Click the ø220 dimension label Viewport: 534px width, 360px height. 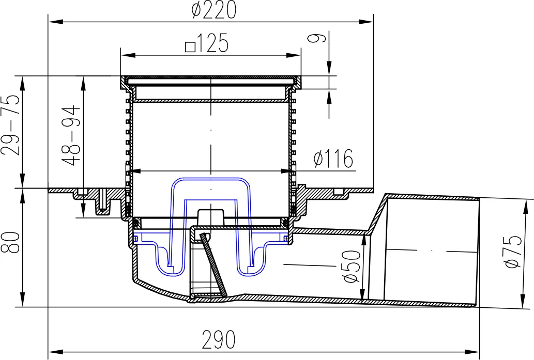point(214,9)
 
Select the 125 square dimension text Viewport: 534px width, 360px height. point(207,43)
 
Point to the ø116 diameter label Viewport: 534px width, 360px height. point(333,158)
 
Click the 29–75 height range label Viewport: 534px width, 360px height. point(10,124)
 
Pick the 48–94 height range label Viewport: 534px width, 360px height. point(71,135)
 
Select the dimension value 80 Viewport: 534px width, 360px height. point(10,242)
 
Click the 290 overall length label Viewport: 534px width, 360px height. point(219,339)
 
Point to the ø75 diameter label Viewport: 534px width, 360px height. point(514,252)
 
